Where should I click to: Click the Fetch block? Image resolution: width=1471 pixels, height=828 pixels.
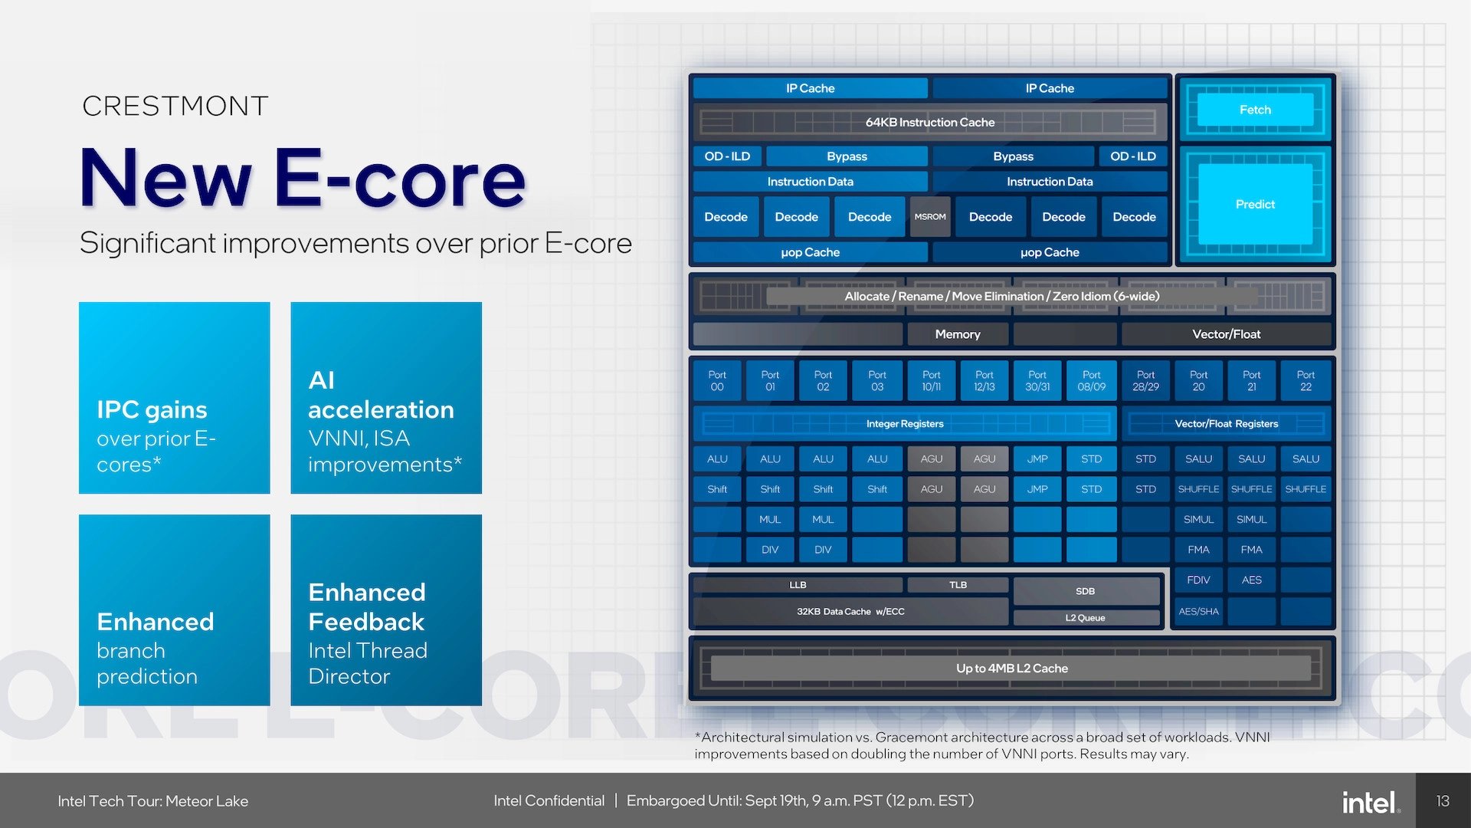tap(1255, 110)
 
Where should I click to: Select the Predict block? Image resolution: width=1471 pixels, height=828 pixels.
tap(1255, 204)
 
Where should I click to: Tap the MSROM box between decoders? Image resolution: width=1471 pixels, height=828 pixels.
tap(929, 217)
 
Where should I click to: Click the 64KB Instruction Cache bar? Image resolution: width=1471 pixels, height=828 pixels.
tap(929, 122)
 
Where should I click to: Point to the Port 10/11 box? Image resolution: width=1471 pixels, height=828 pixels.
tap(931, 381)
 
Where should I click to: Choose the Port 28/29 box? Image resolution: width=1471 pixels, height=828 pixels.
tap(1145, 381)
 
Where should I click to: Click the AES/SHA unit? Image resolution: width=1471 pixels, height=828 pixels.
tap(1198, 611)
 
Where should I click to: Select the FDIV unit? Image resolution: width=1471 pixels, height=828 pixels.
tap(1198, 580)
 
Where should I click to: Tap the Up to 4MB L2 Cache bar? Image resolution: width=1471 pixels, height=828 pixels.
tap(1011, 668)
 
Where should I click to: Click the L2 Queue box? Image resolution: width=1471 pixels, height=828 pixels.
tap(1085, 618)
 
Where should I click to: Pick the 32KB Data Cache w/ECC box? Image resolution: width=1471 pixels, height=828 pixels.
tap(850, 611)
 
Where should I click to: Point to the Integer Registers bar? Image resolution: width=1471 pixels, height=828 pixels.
tap(905, 423)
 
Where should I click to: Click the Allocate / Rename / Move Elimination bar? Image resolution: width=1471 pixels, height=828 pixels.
tap(1002, 296)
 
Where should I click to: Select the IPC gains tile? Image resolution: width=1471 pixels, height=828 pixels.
tap(174, 397)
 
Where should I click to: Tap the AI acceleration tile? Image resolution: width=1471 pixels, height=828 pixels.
tap(386, 397)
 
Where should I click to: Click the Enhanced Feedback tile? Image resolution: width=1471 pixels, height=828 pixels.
tap(386, 610)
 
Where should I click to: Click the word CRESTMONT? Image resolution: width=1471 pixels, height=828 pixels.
tap(175, 106)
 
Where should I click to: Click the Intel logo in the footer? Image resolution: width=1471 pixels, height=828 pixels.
tap(1370, 802)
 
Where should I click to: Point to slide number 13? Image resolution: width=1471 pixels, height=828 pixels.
tap(1443, 801)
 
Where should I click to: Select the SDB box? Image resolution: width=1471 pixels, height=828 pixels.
tap(1085, 591)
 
